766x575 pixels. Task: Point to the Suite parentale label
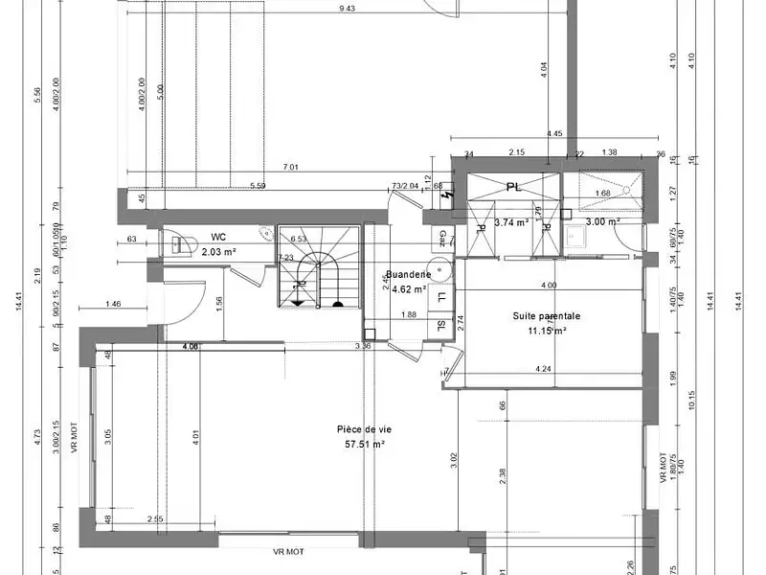pos(547,314)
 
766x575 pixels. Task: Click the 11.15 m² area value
pos(547,331)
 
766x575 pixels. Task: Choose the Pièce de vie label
pos(364,429)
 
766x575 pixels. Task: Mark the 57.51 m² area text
pos(364,445)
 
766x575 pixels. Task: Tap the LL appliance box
pos(441,297)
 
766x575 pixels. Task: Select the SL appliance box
pos(441,325)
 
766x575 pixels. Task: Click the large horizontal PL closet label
pos(514,188)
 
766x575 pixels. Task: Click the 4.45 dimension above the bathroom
pos(554,134)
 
